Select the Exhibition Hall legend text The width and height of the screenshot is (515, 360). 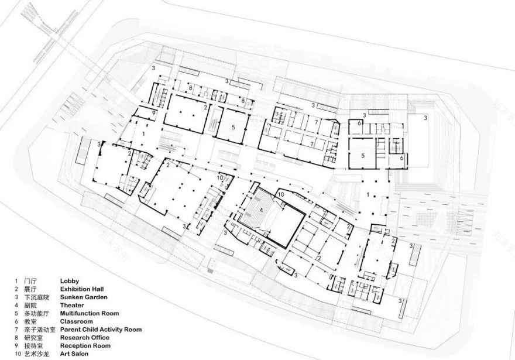click(x=85, y=289)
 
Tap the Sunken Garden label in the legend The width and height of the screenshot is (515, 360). click(x=85, y=297)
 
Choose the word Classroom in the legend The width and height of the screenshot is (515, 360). click(x=77, y=321)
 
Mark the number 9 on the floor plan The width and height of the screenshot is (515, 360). click(x=153, y=112)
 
